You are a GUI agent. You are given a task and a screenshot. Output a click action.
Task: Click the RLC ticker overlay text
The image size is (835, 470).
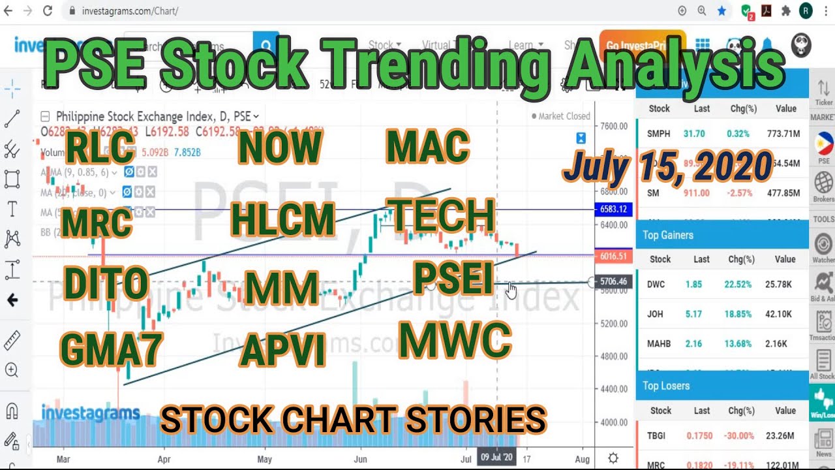100,148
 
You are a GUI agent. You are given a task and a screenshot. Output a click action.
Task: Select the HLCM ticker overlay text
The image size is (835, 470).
282,219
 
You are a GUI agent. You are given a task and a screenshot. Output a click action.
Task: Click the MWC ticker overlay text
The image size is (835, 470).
455,340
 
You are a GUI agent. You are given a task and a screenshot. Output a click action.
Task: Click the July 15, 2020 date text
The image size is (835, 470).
667,166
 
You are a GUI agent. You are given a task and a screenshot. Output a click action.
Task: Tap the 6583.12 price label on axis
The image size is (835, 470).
613,210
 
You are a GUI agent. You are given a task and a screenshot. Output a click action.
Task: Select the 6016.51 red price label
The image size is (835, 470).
613,257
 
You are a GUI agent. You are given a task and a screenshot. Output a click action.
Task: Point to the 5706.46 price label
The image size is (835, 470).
613,282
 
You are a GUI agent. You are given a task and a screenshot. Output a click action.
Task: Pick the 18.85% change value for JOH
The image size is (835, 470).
741,314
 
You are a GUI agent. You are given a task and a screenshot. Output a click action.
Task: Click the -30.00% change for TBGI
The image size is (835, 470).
741,435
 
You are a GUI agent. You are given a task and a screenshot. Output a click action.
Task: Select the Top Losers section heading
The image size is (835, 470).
666,386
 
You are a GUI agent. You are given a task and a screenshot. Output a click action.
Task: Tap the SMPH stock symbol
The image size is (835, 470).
658,134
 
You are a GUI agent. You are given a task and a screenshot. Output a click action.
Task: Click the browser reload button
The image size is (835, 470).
48,11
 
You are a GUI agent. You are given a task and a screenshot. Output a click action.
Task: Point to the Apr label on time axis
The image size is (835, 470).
164,459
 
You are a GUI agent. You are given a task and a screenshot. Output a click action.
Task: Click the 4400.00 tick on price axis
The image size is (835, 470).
614,389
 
